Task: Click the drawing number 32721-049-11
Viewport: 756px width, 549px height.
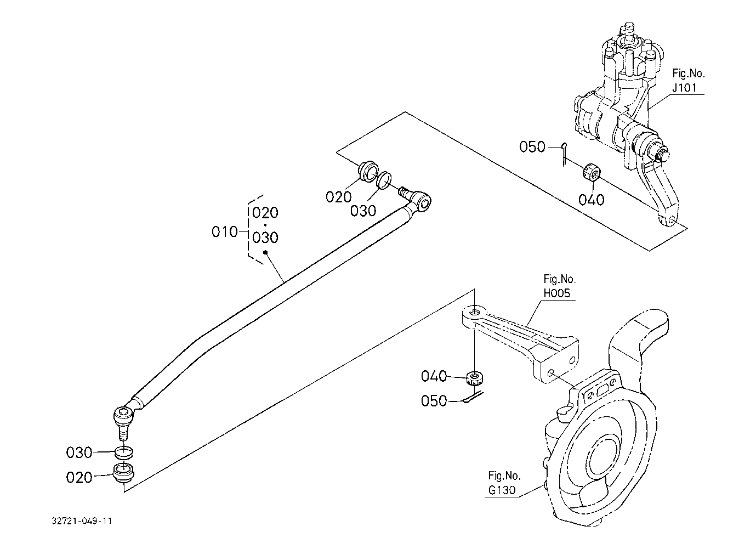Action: point(82,521)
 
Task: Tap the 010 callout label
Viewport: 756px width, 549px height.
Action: point(224,232)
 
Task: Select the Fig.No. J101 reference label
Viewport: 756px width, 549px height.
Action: point(689,81)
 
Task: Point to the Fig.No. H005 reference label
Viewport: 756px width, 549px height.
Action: point(560,286)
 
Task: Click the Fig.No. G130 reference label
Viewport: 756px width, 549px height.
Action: point(504,483)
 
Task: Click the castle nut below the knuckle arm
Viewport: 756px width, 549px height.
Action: point(475,378)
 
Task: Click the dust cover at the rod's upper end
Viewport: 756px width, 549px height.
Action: point(367,172)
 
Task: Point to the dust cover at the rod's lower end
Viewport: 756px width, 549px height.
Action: point(124,473)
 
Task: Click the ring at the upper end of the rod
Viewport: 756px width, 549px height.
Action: point(384,180)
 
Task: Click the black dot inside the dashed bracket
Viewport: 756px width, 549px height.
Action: point(265,252)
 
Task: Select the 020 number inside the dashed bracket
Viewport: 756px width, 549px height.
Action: point(265,213)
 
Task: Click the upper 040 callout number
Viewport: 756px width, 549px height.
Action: point(592,200)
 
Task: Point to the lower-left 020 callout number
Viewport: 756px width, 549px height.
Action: point(79,478)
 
